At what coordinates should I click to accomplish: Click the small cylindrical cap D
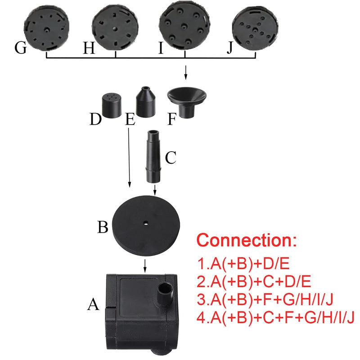112,105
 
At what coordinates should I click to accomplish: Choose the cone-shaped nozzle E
146,103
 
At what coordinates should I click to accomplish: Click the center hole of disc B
146,223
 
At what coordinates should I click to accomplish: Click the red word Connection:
247,239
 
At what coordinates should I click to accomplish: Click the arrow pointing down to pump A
145,265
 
